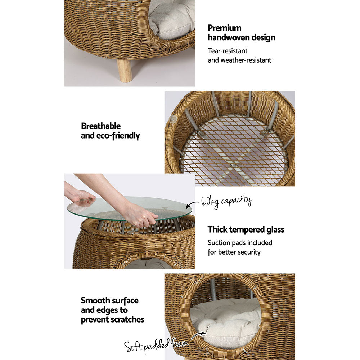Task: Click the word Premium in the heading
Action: tap(225, 28)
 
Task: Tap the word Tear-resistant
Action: tap(228, 51)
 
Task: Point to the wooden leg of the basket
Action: tap(125, 71)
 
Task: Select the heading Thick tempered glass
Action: tap(246, 230)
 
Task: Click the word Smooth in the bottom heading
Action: tap(94, 301)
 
